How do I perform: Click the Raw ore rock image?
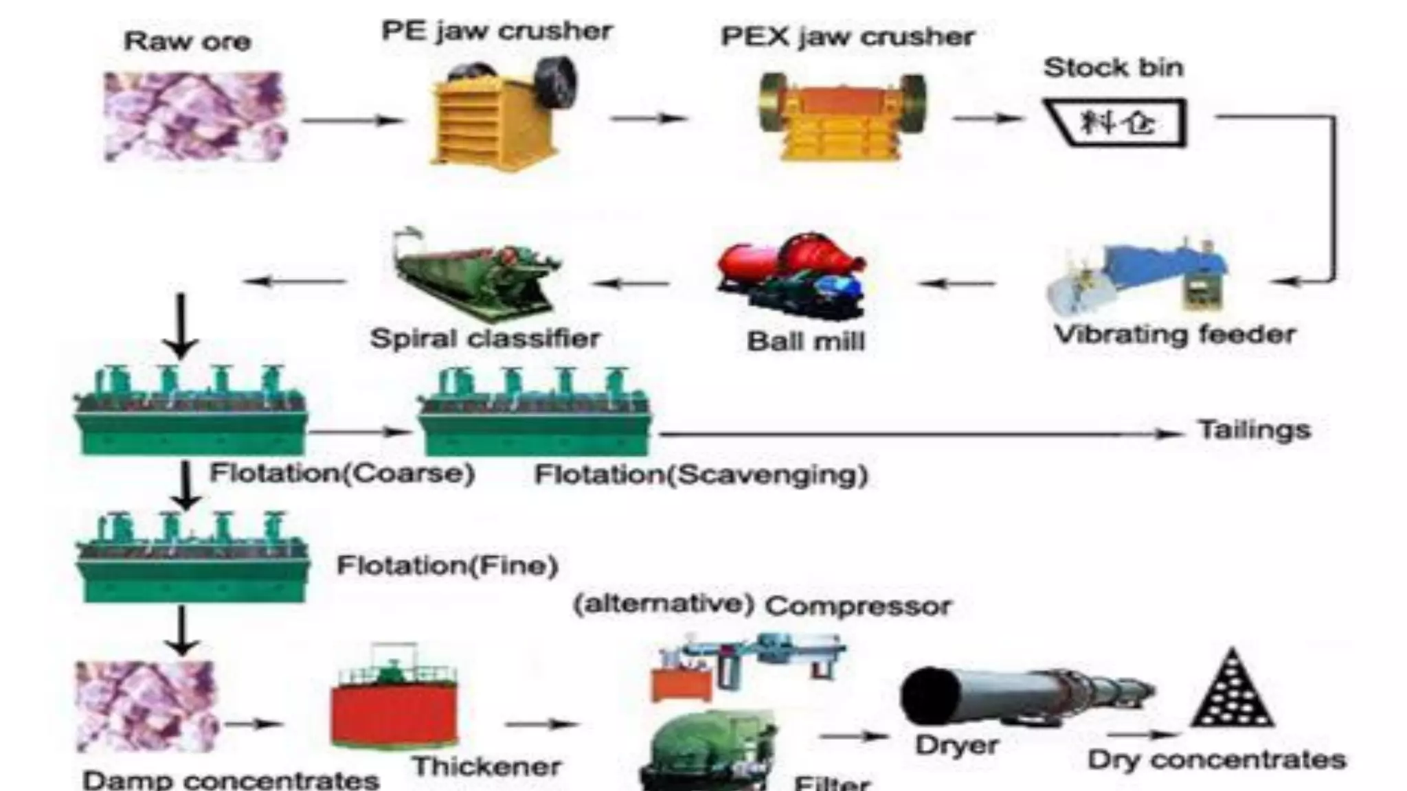(195, 117)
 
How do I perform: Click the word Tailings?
(1254, 431)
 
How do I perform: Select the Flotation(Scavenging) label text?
(701, 474)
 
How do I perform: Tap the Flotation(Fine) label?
(447, 566)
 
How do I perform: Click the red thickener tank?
(394, 707)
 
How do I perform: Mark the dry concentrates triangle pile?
(1232, 690)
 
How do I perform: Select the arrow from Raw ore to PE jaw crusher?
(352, 121)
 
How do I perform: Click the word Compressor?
(858, 606)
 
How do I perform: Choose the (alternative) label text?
(664, 604)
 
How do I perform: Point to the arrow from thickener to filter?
(541, 724)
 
